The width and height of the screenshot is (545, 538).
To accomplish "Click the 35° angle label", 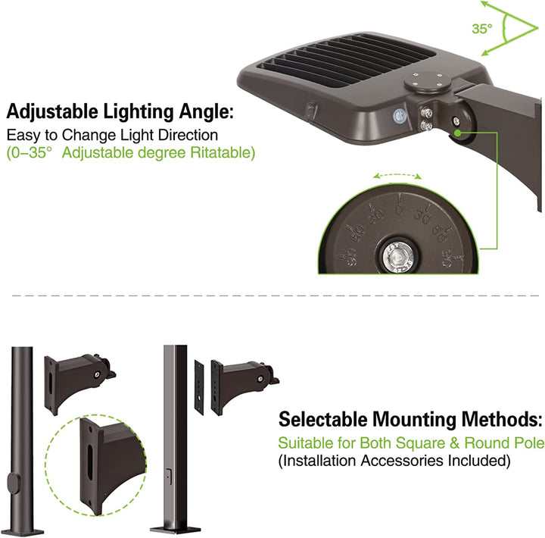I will click(x=481, y=29).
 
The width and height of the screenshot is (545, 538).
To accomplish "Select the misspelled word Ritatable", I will click(x=224, y=152).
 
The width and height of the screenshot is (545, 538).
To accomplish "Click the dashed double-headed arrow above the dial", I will click(x=398, y=175).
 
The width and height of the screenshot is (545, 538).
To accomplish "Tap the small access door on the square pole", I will click(x=170, y=477).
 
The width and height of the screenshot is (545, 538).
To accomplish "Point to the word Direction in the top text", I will click(x=185, y=135).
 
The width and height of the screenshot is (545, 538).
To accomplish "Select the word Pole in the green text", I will click(x=528, y=443).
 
